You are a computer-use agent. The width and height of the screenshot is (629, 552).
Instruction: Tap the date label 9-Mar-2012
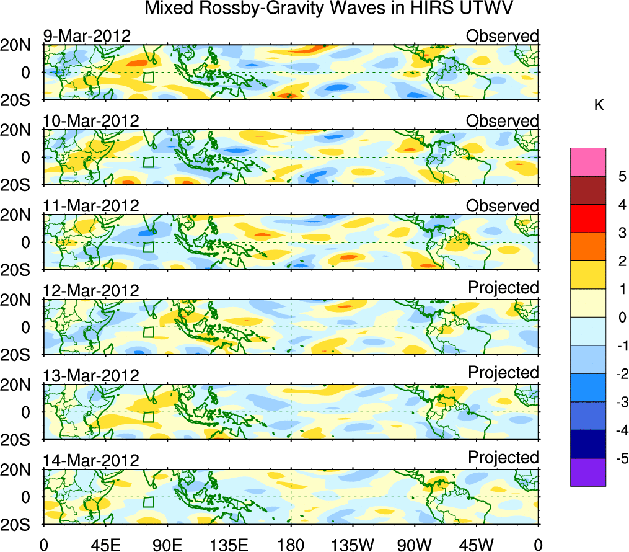(87, 36)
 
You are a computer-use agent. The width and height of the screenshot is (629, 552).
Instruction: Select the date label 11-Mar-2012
(91, 205)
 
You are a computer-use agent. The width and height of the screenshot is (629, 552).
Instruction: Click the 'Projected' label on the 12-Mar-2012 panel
(503, 288)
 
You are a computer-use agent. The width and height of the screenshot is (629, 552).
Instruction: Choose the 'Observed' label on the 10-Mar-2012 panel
(503, 120)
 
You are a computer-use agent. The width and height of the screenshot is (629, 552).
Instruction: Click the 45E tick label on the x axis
(105, 545)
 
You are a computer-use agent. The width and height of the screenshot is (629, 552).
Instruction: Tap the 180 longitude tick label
(291, 545)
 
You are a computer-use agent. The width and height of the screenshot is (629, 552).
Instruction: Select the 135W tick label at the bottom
(353, 545)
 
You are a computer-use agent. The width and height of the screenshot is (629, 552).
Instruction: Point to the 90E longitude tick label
(167, 545)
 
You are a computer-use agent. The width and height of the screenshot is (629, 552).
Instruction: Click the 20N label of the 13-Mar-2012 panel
(21, 385)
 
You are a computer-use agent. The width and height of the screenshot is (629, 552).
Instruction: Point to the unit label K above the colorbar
(599, 105)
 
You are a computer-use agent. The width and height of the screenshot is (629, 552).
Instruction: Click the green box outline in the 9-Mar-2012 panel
(148, 77)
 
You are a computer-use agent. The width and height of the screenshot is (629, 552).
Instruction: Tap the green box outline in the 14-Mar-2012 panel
(148, 502)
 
